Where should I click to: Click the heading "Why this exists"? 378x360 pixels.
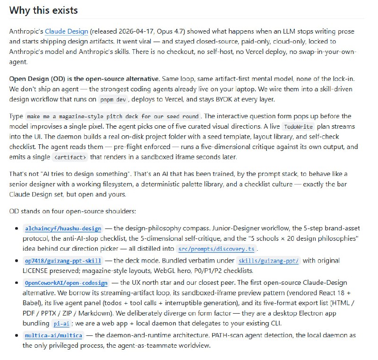[43, 10]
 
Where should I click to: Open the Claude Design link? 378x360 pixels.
[66, 32]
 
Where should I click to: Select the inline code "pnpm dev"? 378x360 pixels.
[112, 100]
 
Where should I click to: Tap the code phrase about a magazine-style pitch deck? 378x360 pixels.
[113, 116]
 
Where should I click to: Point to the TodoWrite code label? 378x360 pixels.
[298, 127]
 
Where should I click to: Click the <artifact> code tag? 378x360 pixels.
[70, 158]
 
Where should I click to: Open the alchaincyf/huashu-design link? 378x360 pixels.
[63, 228]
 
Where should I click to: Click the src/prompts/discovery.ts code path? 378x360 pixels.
[216, 249]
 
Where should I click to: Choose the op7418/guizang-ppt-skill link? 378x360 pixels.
[63, 261]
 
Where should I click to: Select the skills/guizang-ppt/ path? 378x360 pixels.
[268, 261]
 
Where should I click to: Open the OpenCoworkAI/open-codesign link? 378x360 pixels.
[66, 283]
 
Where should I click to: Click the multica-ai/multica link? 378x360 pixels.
[53, 335]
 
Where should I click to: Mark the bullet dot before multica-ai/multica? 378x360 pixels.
[17, 335]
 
